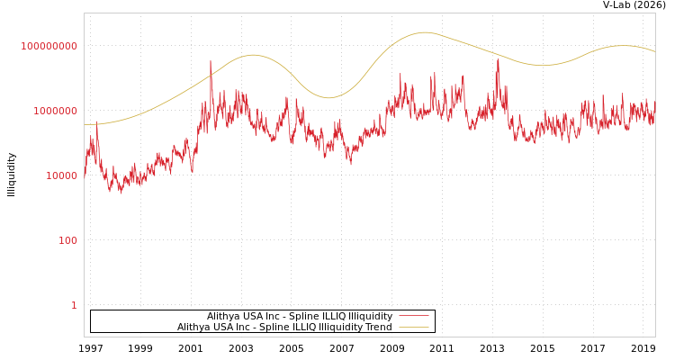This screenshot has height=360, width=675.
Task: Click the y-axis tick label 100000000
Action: pyautogui.click(x=49, y=46)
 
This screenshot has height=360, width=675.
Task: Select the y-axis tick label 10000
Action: pyautogui.click(x=61, y=175)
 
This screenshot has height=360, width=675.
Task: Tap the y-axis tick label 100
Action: pyautogui.click(x=68, y=240)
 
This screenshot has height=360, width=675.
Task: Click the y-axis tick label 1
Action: pyautogui.click(x=74, y=305)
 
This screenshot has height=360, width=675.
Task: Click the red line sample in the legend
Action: pyautogui.click(x=413, y=316)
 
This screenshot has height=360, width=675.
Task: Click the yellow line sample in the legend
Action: pyautogui.click(x=413, y=327)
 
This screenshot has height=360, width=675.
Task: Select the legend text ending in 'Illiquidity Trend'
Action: pyautogui.click(x=284, y=327)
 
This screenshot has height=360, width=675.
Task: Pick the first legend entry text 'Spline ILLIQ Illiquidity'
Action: pyautogui.click(x=300, y=316)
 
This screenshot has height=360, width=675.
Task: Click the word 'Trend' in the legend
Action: pyautogui.click(x=375, y=327)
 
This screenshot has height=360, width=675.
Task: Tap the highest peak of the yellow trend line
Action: pyautogui.click(x=425, y=32)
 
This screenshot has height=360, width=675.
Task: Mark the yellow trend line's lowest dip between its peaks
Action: pyautogui.click(x=328, y=98)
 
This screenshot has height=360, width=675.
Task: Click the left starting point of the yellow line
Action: pyautogui.click(x=85, y=124)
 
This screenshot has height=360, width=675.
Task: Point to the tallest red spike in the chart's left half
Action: pyautogui.click(x=211, y=62)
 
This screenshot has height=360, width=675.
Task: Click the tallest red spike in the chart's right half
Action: pyautogui.click(x=498, y=59)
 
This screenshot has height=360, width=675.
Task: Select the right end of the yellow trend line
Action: pyautogui.click(x=654, y=51)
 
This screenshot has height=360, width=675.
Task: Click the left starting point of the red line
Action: pyautogui.click(x=85, y=175)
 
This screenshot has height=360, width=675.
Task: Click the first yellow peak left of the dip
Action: pyautogui.click(x=253, y=55)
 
